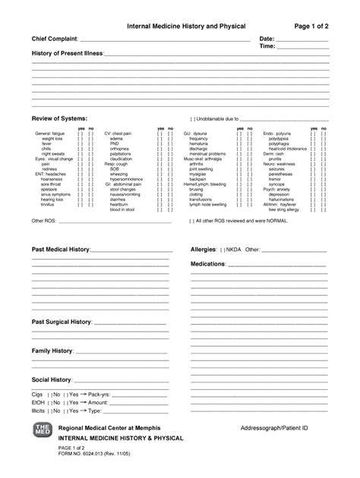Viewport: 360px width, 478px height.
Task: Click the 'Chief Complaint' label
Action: (55, 38)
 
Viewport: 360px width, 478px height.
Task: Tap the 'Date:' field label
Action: (267, 38)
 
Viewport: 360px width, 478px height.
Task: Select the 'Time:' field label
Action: (267, 46)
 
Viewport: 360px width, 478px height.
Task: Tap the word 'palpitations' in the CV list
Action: (120, 153)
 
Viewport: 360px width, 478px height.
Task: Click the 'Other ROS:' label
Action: (43, 222)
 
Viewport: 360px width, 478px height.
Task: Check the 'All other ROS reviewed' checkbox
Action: (192, 222)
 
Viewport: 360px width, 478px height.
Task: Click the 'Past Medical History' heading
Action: (61, 249)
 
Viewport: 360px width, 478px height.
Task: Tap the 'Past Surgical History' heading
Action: (62, 322)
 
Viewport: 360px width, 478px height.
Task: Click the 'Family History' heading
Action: (52, 351)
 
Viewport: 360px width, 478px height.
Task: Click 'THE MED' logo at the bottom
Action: (40, 432)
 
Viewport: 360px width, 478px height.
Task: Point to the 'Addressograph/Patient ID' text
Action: (273, 429)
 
